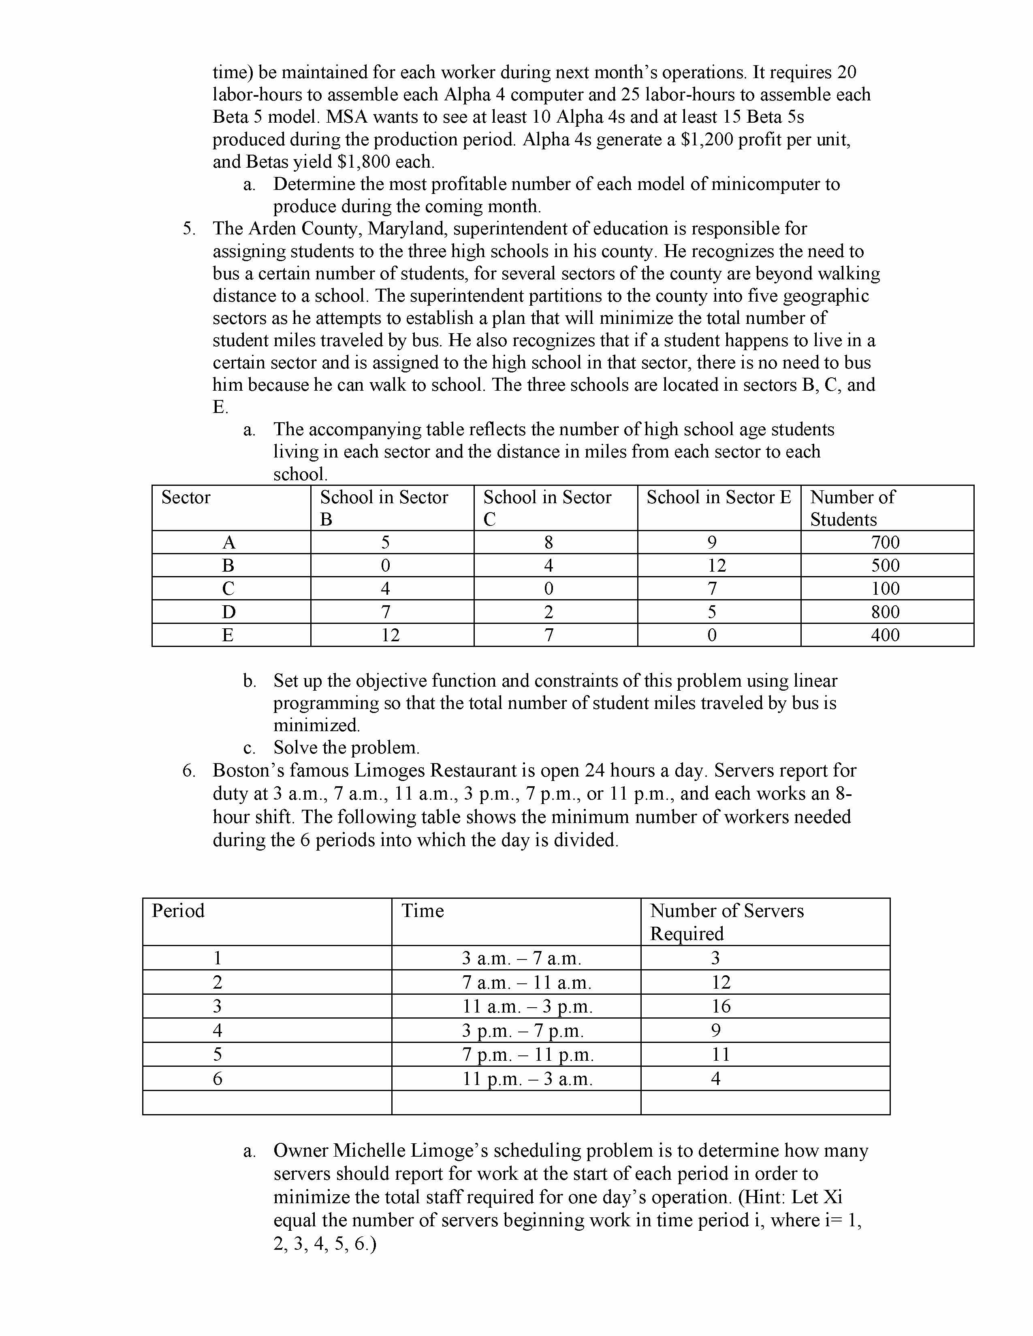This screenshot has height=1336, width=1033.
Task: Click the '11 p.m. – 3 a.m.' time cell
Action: click(x=527, y=1079)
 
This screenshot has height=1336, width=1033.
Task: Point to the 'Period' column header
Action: click(x=178, y=910)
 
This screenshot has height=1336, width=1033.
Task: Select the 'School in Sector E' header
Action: click(x=719, y=497)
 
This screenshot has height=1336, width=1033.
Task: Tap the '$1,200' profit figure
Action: click(x=708, y=140)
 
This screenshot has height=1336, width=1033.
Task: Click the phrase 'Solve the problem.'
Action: click(x=346, y=747)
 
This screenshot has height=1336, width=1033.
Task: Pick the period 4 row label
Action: click(x=217, y=1030)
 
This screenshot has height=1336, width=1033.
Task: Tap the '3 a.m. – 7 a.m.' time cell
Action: click(x=521, y=958)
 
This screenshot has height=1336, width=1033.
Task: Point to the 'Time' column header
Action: click(x=422, y=910)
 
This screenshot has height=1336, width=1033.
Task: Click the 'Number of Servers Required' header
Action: click(x=726, y=921)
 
